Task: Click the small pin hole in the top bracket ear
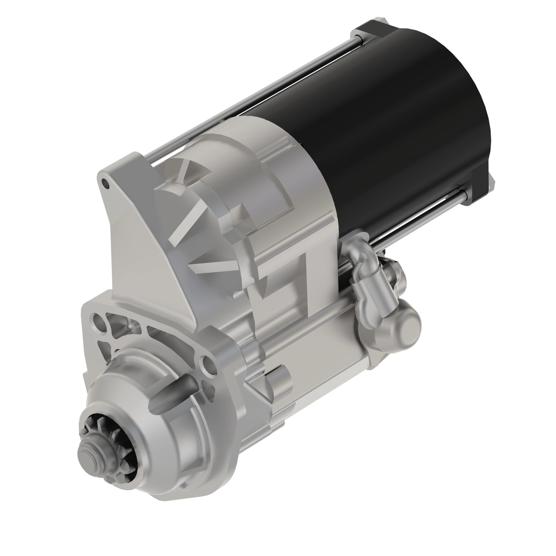[105, 183]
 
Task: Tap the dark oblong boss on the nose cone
[173, 393]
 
